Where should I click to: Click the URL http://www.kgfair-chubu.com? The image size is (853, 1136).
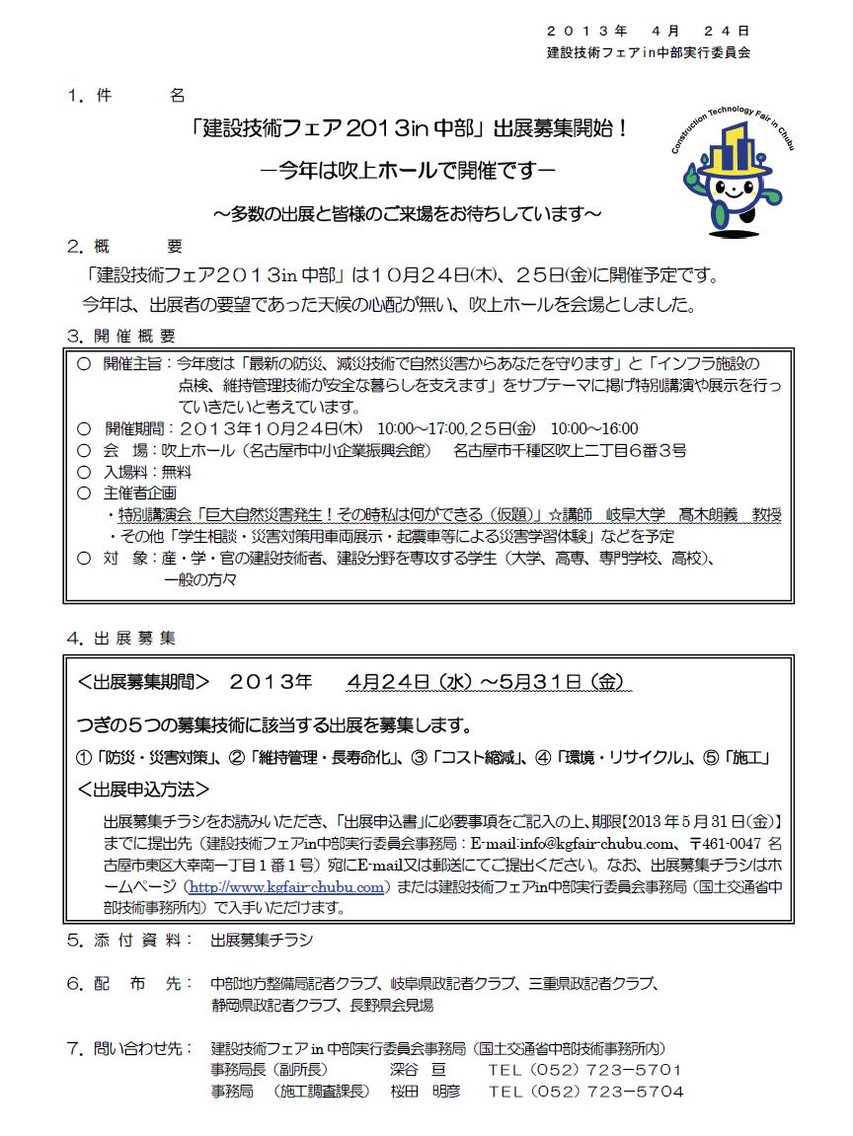pyautogui.click(x=290, y=887)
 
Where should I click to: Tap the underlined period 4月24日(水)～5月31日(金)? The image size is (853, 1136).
pyautogui.click(x=487, y=683)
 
